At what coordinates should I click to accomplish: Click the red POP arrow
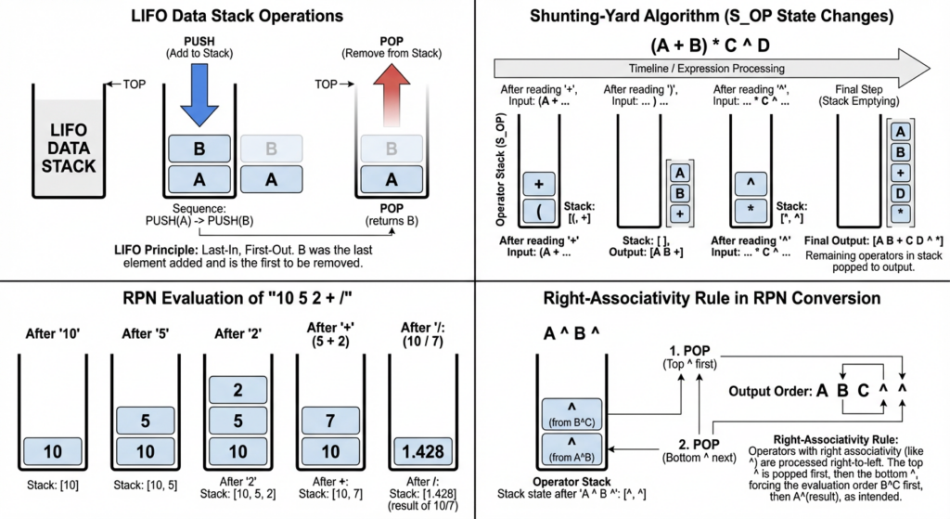[x=390, y=97]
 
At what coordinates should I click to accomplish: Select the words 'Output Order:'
[x=767, y=389]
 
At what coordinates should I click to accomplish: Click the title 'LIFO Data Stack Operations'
[x=237, y=16]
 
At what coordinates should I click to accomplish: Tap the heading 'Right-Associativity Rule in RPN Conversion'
[x=712, y=299]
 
